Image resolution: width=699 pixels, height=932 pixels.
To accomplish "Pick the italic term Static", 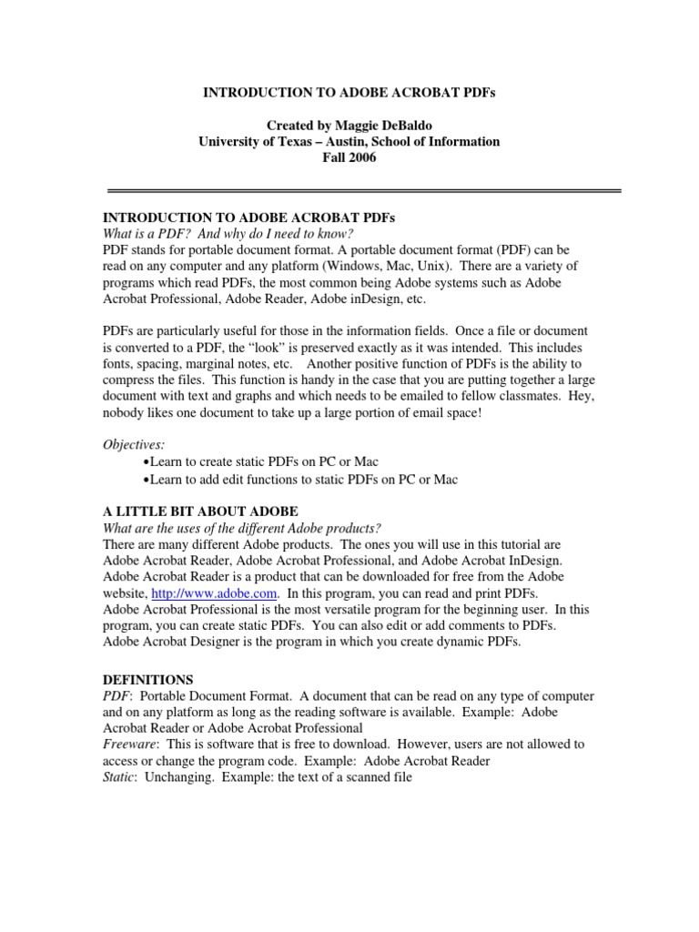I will coord(120,777).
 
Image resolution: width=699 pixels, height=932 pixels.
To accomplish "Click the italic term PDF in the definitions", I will coord(116,695).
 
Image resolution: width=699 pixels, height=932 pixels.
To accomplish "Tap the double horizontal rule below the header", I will coord(364,191).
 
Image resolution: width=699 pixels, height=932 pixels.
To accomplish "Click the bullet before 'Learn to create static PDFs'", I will coord(147,463).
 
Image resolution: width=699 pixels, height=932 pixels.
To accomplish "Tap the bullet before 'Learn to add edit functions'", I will coord(147,480).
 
